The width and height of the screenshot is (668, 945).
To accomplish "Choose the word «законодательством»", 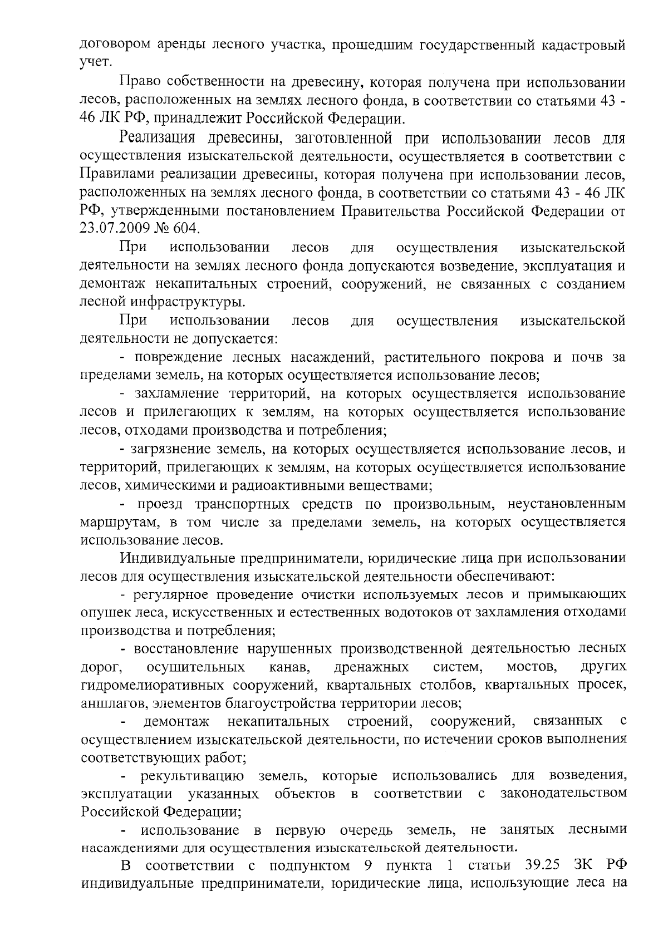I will (x=563, y=793).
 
